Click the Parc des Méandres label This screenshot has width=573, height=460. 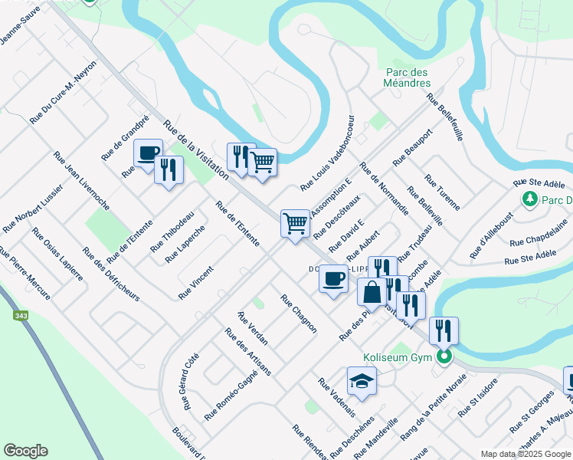pos(408,77)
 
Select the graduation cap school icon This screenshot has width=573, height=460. pos(362,380)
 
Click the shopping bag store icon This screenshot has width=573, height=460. pos(372,292)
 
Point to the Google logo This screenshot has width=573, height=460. pos(25,451)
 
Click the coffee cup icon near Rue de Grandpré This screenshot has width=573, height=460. pos(149,152)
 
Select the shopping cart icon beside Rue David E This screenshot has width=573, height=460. pos(295,223)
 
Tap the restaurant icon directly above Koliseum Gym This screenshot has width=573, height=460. pos(444,330)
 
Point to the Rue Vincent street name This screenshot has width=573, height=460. pos(195,282)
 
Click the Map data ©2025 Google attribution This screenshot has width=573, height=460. pos(526,454)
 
